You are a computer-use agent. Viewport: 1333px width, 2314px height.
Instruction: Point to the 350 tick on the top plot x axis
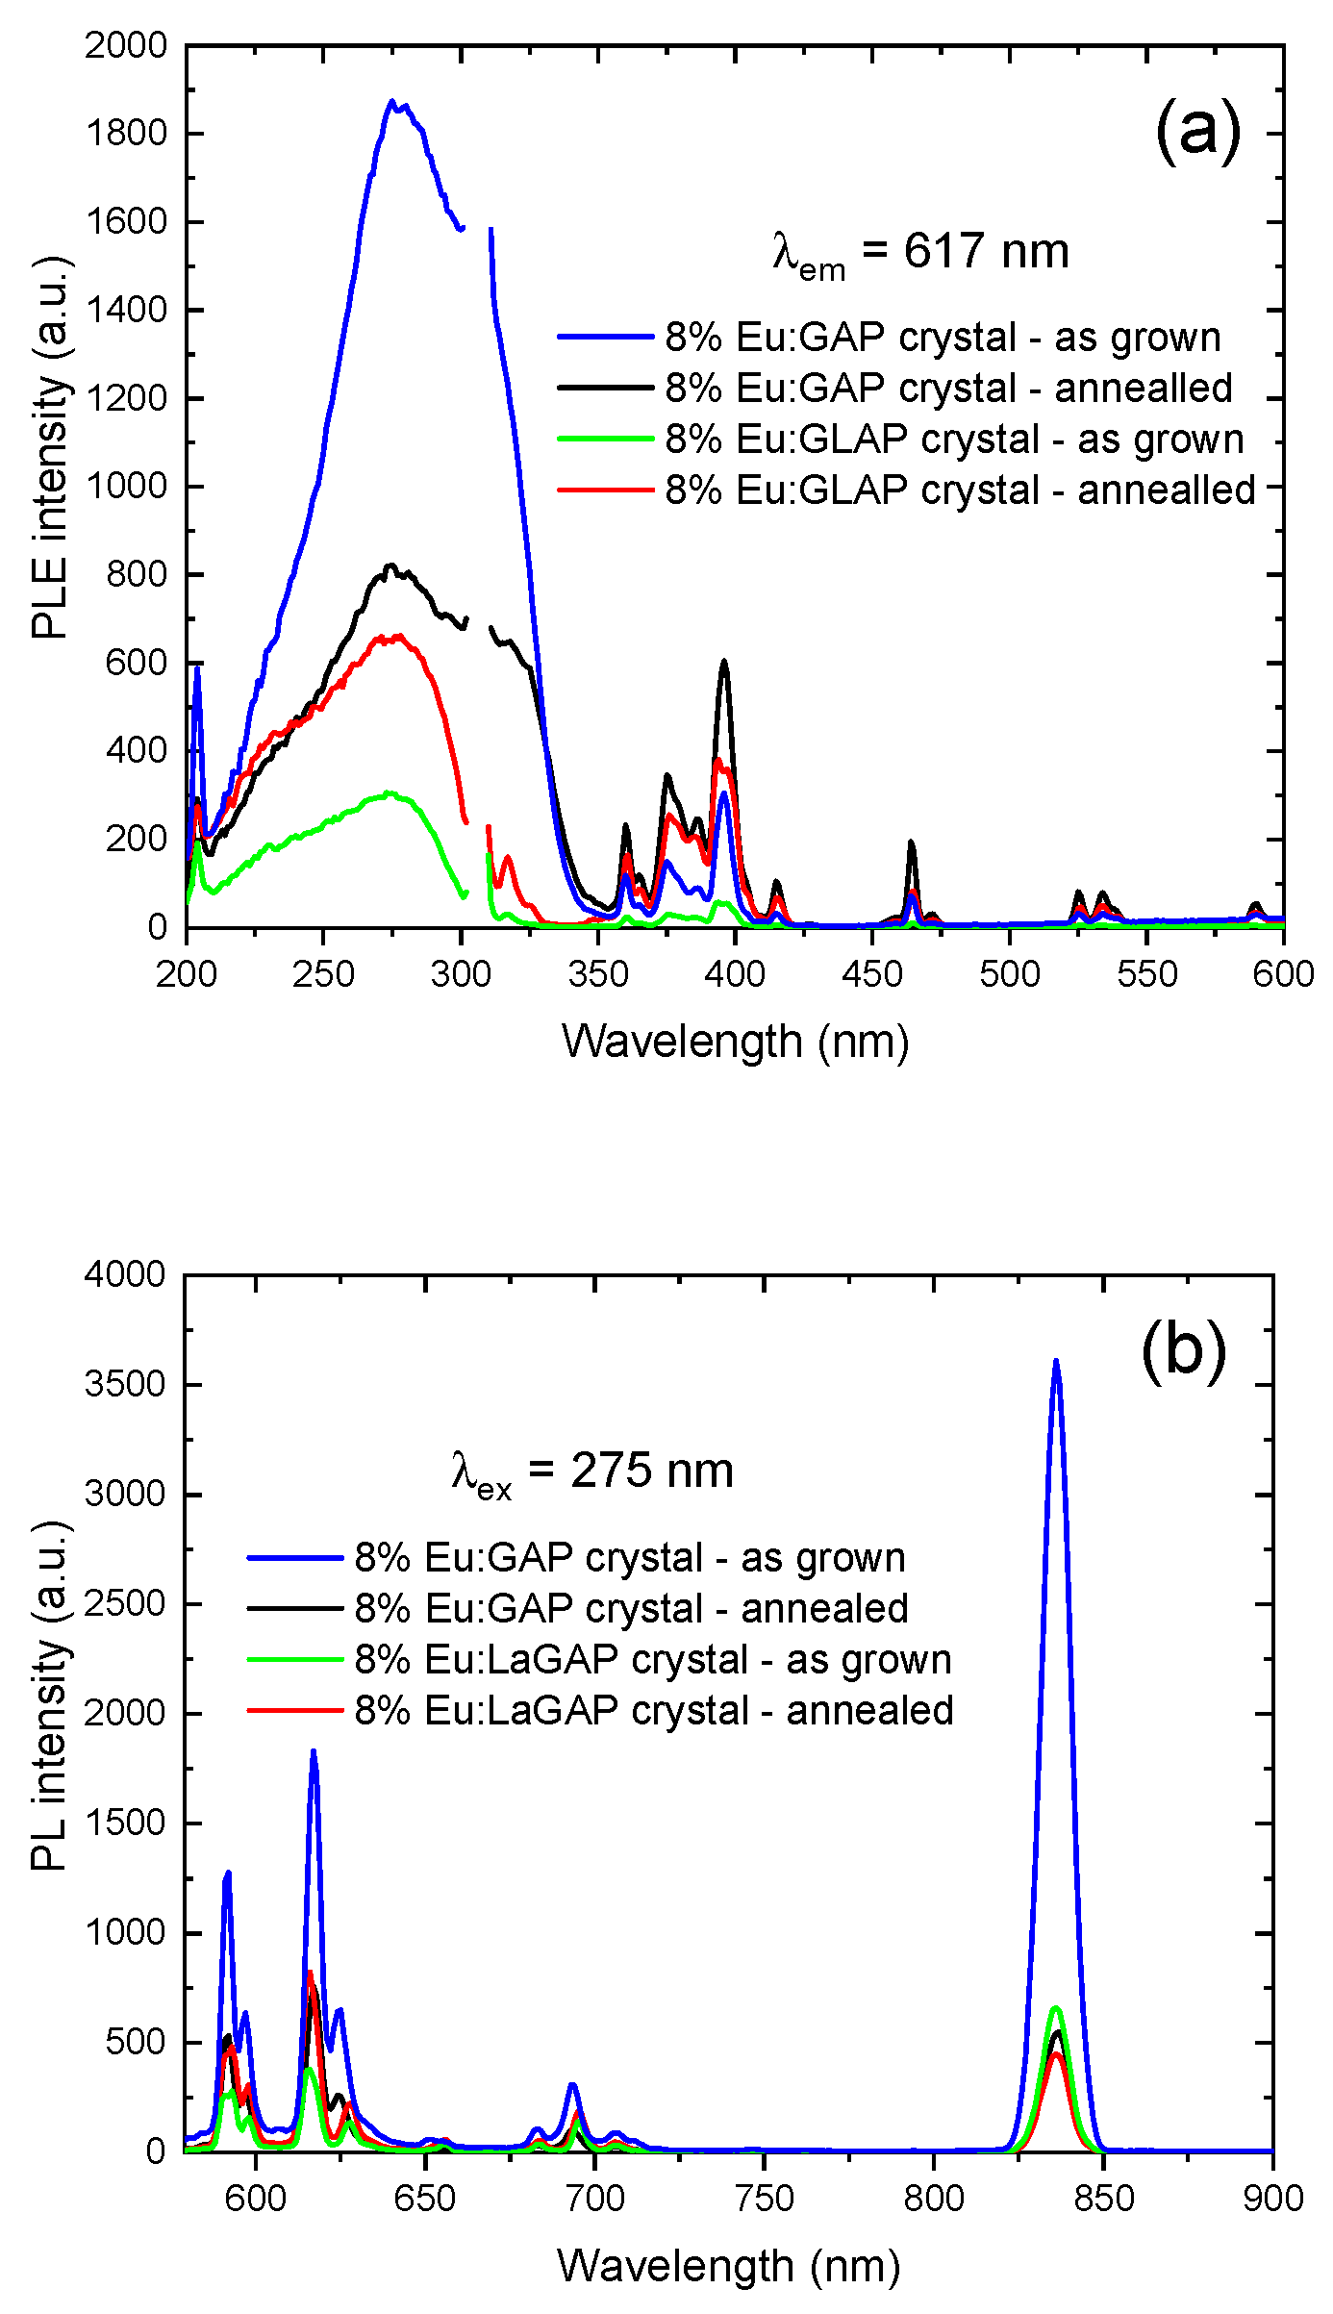tap(598, 973)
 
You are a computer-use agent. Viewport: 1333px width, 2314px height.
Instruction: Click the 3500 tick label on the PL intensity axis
tap(125, 1385)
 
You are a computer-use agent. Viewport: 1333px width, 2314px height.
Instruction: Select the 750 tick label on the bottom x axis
tap(765, 2199)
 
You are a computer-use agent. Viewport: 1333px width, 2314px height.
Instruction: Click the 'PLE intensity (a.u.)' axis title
tap(51, 447)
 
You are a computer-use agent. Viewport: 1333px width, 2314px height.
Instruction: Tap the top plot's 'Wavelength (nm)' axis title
tap(735, 1042)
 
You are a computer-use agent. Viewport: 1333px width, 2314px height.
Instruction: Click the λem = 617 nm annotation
tap(920, 253)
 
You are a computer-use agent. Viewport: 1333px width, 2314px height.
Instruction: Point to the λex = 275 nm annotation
tap(592, 1471)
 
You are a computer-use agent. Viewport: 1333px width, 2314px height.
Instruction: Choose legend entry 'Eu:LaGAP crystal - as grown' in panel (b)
tap(653, 1660)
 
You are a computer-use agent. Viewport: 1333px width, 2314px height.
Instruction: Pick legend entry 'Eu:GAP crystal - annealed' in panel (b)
tap(631, 1609)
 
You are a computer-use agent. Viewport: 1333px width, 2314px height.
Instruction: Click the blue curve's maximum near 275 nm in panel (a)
tap(391, 100)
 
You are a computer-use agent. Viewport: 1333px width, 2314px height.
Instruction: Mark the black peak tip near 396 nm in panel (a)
tap(724, 661)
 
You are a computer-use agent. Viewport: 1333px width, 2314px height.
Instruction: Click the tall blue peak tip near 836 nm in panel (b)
tap(1056, 1360)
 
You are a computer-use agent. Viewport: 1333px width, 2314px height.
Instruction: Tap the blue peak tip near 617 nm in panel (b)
tap(314, 1751)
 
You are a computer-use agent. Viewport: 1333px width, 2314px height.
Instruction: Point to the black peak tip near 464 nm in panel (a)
tap(911, 843)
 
